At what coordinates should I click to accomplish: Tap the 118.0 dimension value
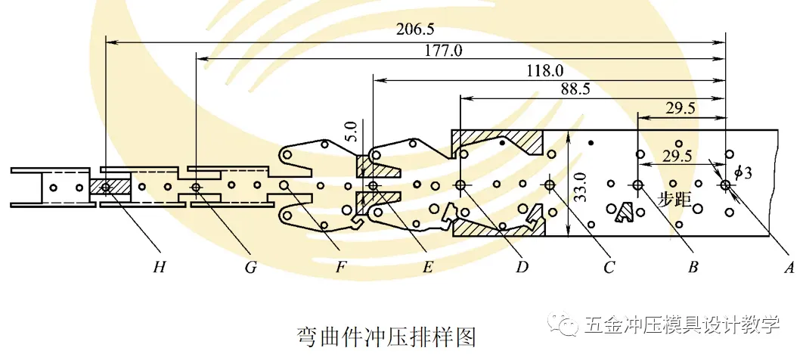(x=544, y=71)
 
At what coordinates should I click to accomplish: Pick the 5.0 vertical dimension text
(x=349, y=133)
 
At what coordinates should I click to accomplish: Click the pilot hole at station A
(x=726, y=185)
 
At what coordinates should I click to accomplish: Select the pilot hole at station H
(x=105, y=185)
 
